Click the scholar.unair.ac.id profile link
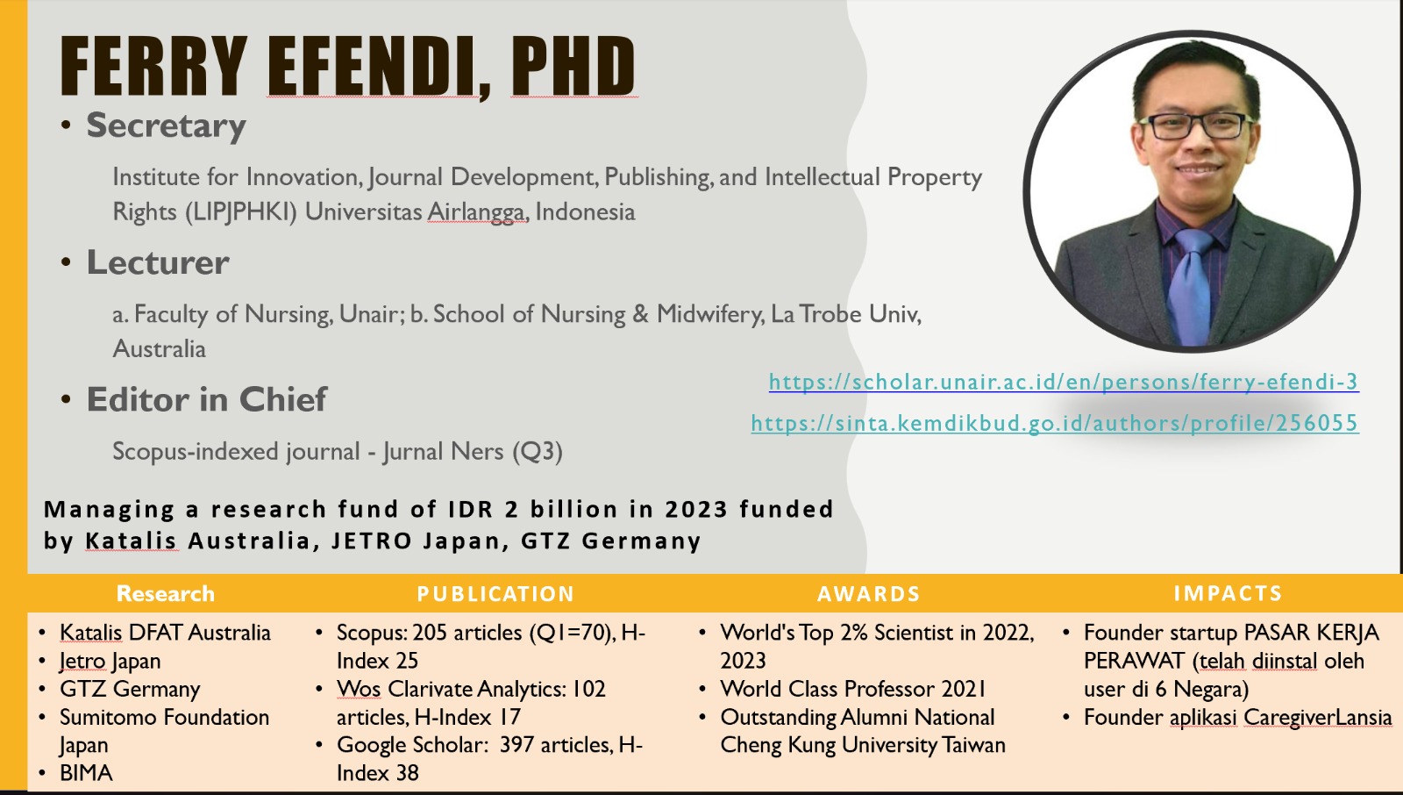1064,382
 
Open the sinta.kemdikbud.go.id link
1055,424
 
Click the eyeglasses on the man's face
1197,125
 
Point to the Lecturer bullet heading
157,262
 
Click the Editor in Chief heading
207,399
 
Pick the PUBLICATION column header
495,594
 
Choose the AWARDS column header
869,594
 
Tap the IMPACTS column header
1229,593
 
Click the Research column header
166,594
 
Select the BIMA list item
86,773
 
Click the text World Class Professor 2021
853,689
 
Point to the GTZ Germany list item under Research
130,690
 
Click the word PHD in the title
573,66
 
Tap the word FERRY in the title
153,66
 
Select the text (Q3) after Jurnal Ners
537,451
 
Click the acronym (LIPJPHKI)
240,212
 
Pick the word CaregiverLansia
1318,717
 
